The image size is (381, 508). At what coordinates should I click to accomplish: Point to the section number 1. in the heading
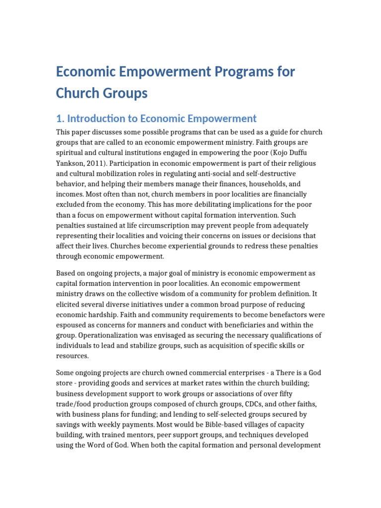click(x=60, y=119)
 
